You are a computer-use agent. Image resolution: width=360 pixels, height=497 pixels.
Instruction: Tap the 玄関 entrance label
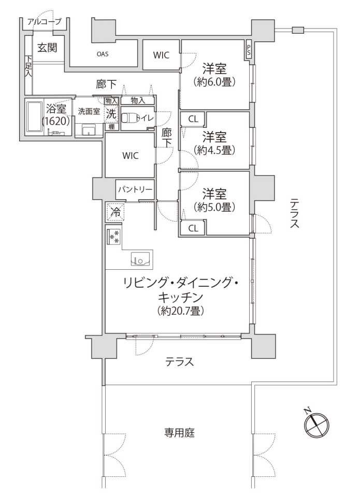(47, 48)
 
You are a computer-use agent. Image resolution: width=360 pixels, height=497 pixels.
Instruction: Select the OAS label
(103, 54)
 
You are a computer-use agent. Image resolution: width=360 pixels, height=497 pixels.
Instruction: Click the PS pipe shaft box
(248, 50)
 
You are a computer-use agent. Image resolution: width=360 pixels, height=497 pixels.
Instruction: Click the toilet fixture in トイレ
(128, 118)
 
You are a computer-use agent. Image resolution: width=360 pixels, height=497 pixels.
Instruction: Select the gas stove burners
(113, 236)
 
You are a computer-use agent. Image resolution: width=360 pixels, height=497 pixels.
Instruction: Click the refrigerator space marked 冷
(115, 212)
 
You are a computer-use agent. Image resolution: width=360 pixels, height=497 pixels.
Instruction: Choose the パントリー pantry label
(135, 189)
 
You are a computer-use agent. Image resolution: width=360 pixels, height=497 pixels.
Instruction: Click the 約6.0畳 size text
(214, 82)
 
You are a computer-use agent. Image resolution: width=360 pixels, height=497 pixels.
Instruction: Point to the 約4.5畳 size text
(214, 150)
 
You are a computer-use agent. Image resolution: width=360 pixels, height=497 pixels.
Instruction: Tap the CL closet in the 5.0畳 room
(193, 228)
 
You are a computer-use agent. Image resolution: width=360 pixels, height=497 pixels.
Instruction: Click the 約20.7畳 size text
(180, 311)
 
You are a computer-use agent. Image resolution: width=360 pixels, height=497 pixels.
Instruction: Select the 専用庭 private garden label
(179, 433)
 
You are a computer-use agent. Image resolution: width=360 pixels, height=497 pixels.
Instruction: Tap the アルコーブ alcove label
(45, 22)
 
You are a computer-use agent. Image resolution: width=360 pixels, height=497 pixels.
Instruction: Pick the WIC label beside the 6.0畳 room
(161, 55)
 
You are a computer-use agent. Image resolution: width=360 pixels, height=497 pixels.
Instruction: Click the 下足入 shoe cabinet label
(29, 66)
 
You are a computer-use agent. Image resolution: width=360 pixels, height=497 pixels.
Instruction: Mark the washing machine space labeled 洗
(111, 114)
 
